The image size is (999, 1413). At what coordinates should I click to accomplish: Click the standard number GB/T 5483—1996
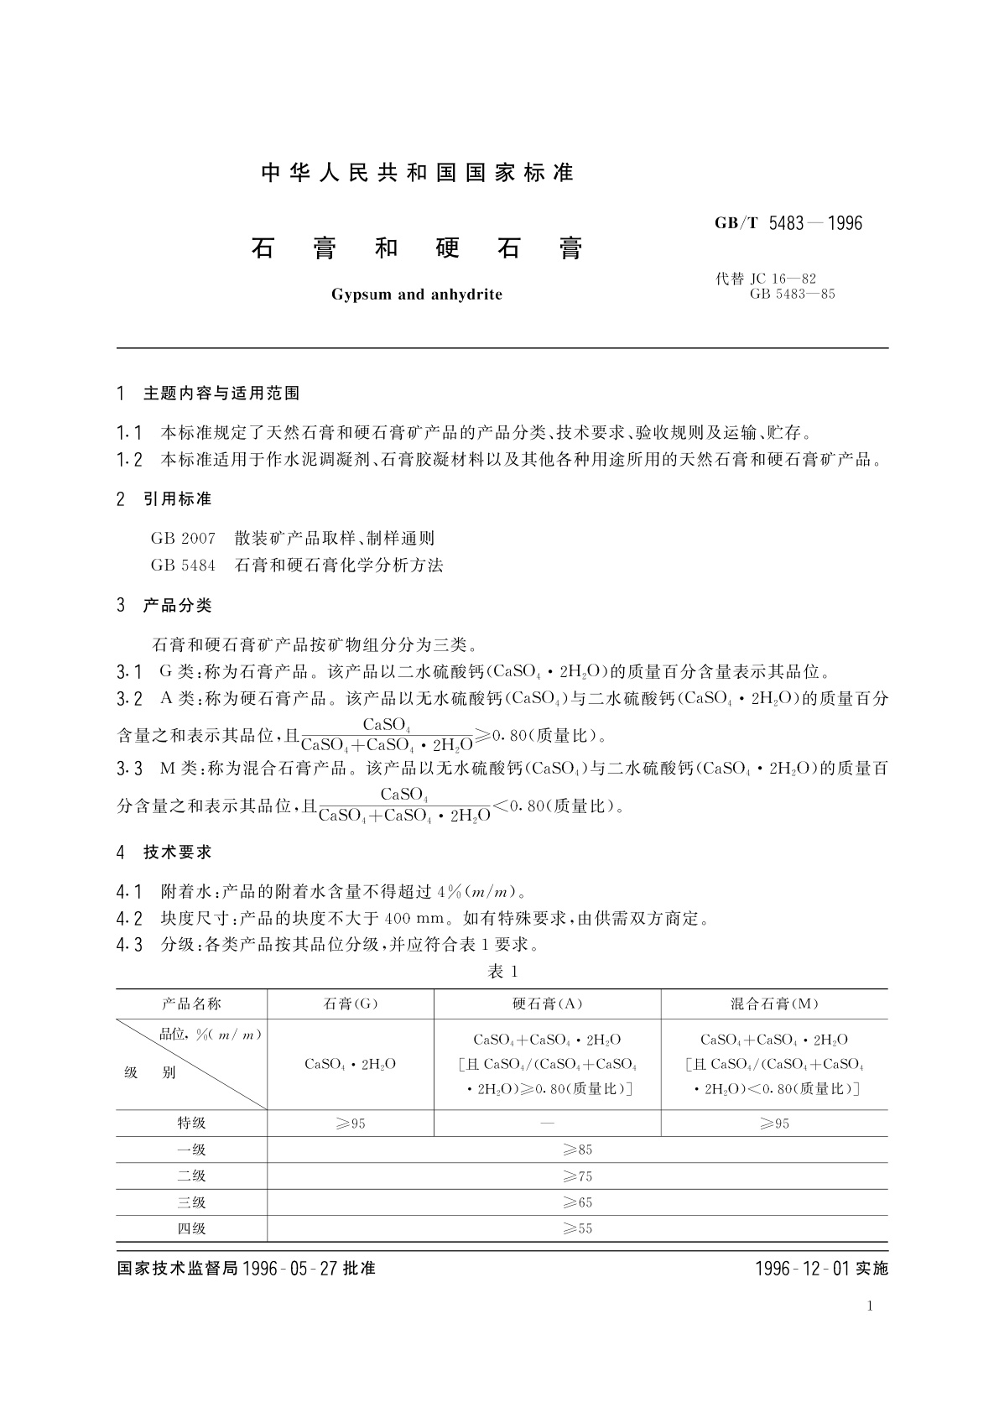coord(788,223)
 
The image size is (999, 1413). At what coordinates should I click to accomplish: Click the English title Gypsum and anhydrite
coord(416,295)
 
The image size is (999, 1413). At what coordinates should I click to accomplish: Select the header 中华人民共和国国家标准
coord(417,173)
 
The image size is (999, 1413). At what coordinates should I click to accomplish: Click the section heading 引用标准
coord(177,499)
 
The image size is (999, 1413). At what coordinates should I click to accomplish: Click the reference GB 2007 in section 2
coord(183,539)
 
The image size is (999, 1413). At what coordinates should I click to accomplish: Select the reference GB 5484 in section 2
coord(183,566)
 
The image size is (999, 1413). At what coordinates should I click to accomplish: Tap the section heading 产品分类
coord(177,606)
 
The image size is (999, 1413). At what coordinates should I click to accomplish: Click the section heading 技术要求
coord(177,852)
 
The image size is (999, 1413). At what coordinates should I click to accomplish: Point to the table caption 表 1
coord(503,972)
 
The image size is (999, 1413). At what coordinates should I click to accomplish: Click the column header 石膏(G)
coord(351,1004)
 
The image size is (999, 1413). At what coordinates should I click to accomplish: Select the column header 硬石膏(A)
coord(547,1004)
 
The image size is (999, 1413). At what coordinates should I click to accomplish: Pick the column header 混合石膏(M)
coord(774,1004)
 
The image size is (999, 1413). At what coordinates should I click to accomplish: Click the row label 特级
coord(191,1124)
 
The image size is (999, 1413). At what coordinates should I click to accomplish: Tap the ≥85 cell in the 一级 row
coord(577,1150)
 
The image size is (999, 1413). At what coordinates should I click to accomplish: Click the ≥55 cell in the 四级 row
coord(577,1229)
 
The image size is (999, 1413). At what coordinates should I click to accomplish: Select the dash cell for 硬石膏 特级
coord(547,1124)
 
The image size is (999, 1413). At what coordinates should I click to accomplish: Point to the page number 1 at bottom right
coord(870,1306)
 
